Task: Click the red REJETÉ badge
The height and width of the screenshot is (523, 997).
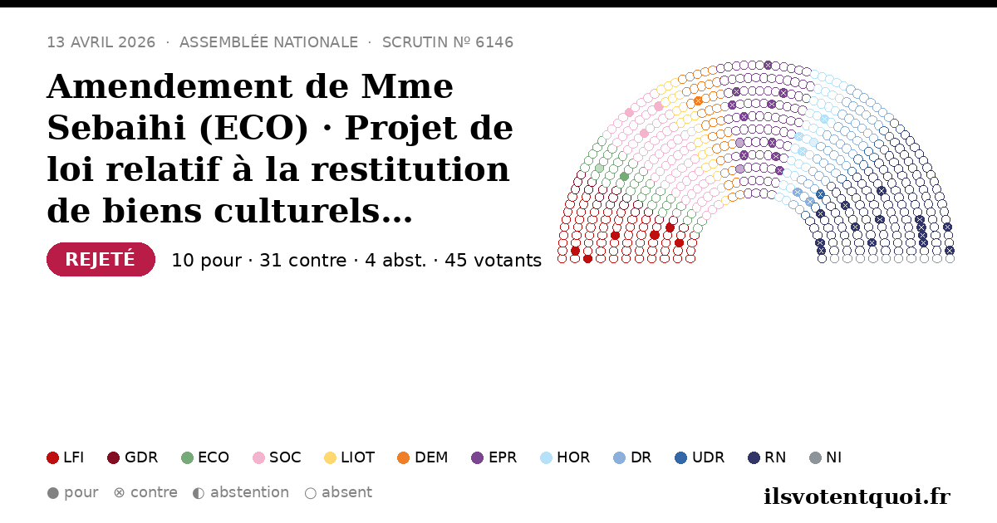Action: [x=101, y=259]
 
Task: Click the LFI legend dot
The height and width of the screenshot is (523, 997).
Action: [x=52, y=457]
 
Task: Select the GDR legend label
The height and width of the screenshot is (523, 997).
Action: [x=141, y=457]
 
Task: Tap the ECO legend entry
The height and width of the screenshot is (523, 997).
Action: [x=205, y=457]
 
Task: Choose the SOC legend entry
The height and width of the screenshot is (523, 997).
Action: [x=277, y=457]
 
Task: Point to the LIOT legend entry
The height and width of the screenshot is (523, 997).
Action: [x=350, y=457]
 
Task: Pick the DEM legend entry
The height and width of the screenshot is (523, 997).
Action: [x=422, y=457]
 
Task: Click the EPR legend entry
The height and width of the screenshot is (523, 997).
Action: [x=494, y=457]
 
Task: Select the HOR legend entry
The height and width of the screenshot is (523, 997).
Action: [x=565, y=457]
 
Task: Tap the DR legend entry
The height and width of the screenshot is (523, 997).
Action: [x=632, y=457]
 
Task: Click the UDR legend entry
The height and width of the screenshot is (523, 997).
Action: [x=700, y=457]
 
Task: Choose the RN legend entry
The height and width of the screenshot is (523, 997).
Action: [x=767, y=457]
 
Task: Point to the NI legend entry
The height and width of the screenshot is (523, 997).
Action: [x=825, y=457]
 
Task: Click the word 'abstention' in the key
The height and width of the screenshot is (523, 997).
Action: [x=250, y=493]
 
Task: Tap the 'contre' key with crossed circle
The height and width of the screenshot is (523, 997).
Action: [x=145, y=493]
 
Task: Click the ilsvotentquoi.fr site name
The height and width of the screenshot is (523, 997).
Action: [x=857, y=496]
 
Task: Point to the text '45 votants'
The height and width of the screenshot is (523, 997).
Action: [x=494, y=260]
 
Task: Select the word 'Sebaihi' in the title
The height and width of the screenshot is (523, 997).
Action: [x=116, y=128]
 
